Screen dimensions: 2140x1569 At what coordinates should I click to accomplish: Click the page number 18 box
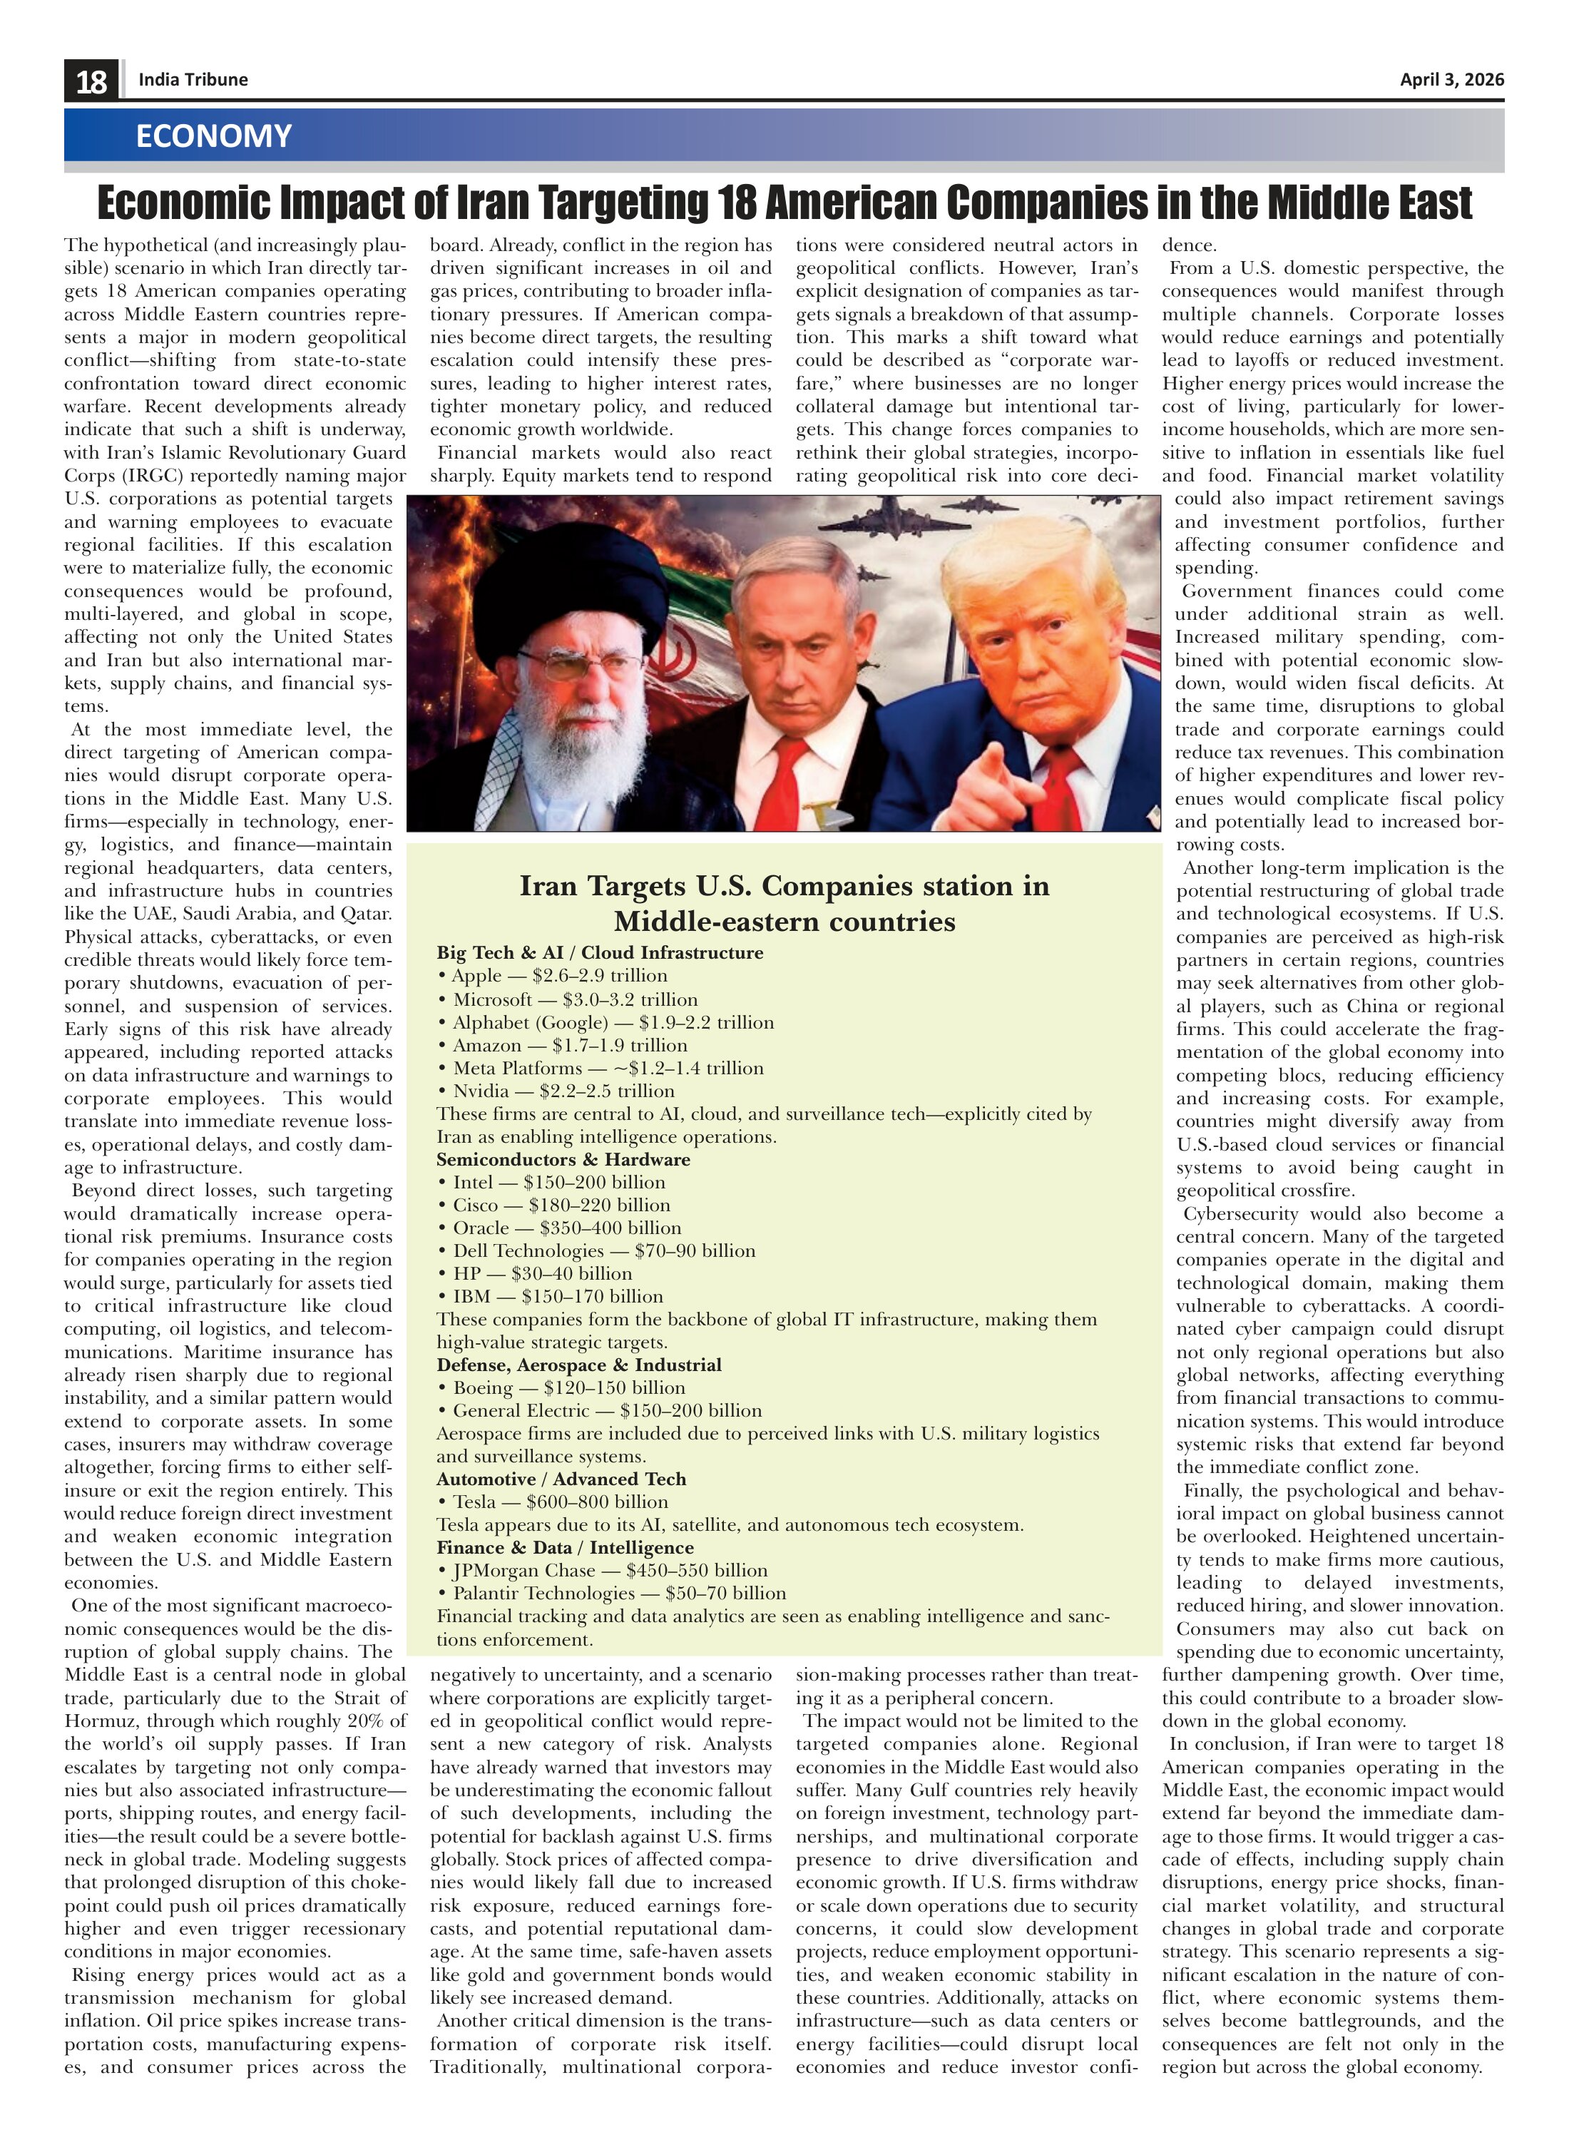point(91,81)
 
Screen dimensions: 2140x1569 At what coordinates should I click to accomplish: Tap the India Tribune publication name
point(193,80)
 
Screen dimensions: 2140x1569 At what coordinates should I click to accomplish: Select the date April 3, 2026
point(1451,80)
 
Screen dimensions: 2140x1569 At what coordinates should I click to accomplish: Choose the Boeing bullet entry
point(561,1387)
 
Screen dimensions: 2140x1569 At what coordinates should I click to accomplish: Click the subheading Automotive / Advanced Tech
point(561,1479)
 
